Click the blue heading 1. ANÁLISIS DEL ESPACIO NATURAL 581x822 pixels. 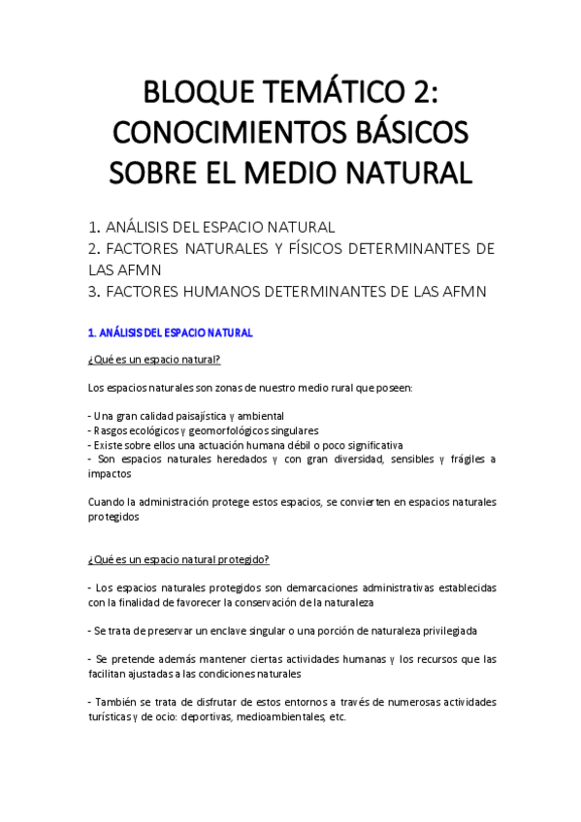170,332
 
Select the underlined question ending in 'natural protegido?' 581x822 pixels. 178,559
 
